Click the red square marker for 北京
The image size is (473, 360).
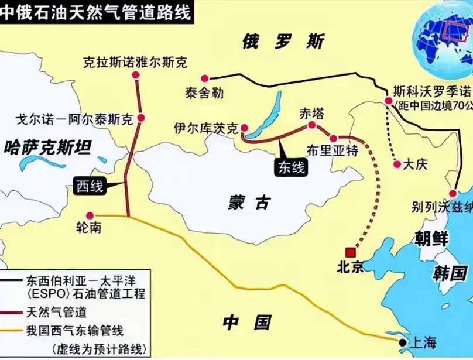coord(351,251)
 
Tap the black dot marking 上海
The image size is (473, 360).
coord(402,342)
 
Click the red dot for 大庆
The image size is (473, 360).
coord(397,164)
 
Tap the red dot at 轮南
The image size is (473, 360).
coord(90,215)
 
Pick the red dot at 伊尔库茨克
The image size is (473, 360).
coord(245,127)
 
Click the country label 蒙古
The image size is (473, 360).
coord(249,204)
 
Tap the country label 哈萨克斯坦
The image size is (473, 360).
coord(47,148)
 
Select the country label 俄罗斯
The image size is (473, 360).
coord(282,43)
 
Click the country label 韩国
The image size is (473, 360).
coord(449,272)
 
